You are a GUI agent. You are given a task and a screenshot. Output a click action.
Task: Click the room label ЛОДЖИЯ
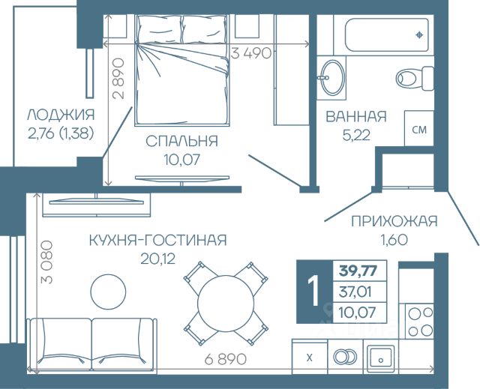coord(61,115)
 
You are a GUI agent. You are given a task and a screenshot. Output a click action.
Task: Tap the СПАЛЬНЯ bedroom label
coord(181,142)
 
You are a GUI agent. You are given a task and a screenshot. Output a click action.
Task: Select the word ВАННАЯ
coord(356,116)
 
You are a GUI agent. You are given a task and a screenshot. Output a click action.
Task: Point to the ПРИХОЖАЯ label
coord(394,221)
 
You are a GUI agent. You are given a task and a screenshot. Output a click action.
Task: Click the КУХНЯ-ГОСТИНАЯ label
coord(158,241)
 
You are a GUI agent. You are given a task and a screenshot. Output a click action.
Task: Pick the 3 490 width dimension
coord(251,53)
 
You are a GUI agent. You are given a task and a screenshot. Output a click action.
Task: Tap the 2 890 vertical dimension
coord(118,79)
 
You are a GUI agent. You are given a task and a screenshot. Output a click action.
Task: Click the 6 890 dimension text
coord(225,359)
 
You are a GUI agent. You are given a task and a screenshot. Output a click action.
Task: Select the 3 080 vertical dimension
coord(46,262)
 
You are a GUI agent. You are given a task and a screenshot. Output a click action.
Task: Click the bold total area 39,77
coord(358,271)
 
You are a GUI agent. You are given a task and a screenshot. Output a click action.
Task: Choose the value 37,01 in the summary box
coord(355,292)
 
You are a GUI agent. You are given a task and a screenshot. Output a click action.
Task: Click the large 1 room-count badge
coord(314,292)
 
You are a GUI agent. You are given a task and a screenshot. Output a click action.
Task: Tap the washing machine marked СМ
coord(419,128)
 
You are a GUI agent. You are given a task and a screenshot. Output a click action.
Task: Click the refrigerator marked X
coord(310,358)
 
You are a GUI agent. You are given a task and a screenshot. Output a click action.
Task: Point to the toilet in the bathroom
coord(415,78)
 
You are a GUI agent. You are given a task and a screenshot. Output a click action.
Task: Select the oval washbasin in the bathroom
coord(331,77)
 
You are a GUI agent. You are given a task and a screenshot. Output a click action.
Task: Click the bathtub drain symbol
coord(419,35)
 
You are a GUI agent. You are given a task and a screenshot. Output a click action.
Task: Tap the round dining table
coord(226,303)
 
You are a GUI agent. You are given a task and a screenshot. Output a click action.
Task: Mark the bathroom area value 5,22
coord(356,135)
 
